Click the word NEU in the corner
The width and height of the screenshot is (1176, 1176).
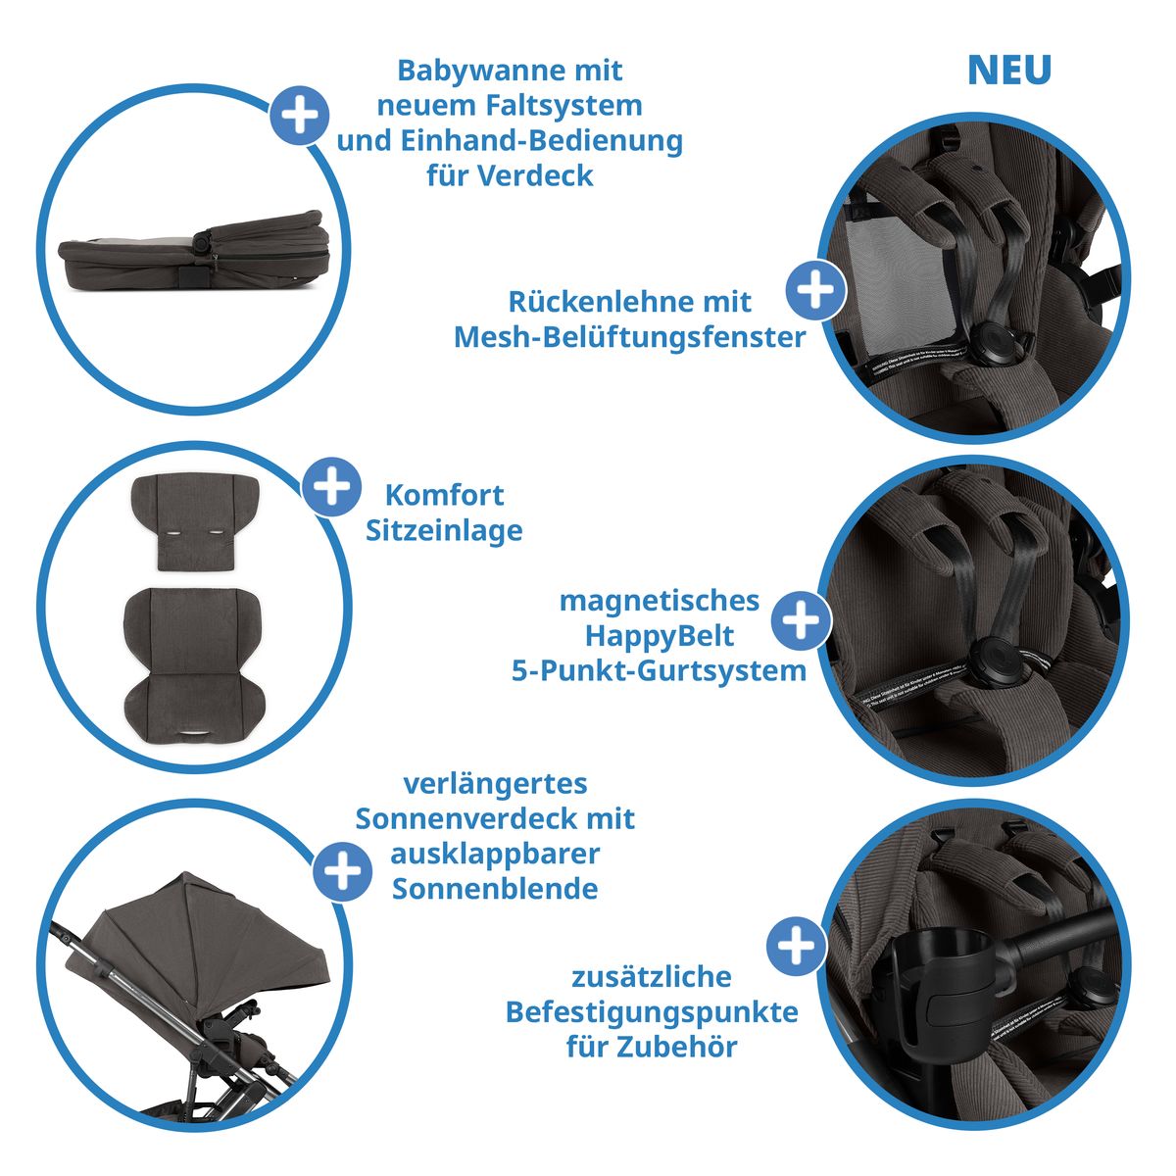pos(1008,71)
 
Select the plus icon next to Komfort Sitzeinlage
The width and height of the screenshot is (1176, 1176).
pos(332,486)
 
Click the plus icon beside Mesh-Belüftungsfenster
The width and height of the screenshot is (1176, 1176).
pos(815,290)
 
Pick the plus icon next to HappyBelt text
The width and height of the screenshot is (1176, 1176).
pos(802,621)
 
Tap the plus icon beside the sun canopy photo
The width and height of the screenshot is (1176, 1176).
pos(342,870)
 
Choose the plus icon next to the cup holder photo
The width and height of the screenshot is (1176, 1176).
pos(795,947)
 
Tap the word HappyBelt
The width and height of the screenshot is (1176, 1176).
pos(660,636)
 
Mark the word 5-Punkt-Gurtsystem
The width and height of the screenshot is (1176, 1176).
pos(659,671)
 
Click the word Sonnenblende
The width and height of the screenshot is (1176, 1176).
pos(495,889)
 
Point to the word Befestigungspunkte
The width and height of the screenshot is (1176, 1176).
pos(652,1011)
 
